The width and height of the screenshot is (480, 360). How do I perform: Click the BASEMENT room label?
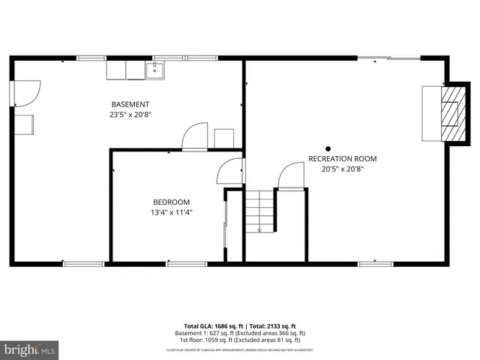pos(130,104)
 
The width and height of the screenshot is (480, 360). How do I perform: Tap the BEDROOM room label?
pos(171,202)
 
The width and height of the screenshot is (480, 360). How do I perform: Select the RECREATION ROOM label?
pos(342,159)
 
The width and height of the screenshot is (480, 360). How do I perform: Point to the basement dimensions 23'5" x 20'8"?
pos(130,115)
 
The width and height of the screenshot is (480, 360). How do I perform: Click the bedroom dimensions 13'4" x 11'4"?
pos(171,212)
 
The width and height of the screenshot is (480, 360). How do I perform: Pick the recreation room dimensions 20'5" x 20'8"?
pos(342,169)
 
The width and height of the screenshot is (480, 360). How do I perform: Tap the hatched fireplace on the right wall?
pos(449,114)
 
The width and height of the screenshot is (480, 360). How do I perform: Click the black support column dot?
pos(327,148)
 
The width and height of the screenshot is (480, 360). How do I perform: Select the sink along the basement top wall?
pos(155,70)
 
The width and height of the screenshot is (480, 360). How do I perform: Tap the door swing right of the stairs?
pos(289,177)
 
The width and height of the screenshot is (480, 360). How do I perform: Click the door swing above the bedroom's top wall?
pos(194,139)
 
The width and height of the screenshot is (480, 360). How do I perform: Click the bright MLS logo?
pos(29,349)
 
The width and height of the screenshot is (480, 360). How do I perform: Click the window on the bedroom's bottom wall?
pos(186,263)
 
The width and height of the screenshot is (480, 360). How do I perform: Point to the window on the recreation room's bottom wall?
pos(375,263)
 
